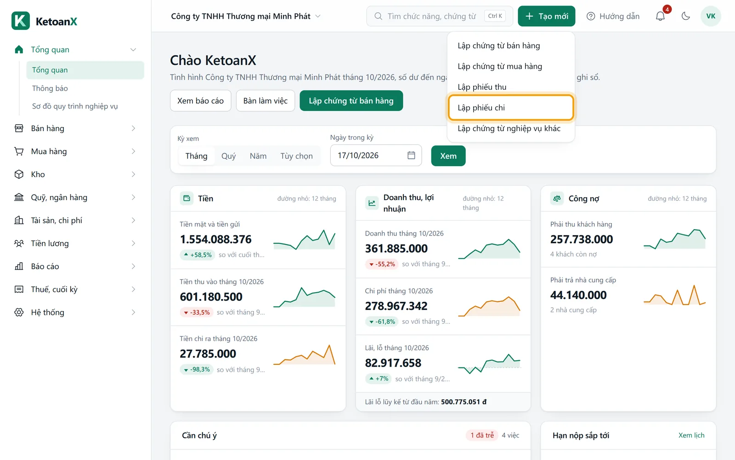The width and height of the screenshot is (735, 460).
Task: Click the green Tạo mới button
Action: coord(546,16)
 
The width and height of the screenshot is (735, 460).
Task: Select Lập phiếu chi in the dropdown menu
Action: coord(511,108)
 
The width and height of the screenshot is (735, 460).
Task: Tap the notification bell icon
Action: coord(660,16)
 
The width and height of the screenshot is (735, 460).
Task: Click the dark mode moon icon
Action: coord(686,16)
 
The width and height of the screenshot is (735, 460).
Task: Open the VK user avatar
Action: coord(711,16)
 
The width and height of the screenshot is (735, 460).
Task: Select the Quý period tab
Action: coord(228,156)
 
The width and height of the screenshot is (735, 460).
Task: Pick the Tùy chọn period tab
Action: coord(296,156)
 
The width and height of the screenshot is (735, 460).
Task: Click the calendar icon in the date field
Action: coord(411,155)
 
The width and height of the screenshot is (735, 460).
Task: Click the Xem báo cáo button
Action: coord(200,101)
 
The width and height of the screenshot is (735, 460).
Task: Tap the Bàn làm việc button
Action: coord(266,101)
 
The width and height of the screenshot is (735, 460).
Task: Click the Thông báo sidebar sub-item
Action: coord(50,88)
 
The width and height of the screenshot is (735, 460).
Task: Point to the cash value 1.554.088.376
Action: coord(215,239)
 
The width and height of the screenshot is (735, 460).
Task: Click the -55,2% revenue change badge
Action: coord(382,264)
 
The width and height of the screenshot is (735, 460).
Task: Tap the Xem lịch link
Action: coord(691,435)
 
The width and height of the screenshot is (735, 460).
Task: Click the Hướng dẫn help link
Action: coord(613,16)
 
